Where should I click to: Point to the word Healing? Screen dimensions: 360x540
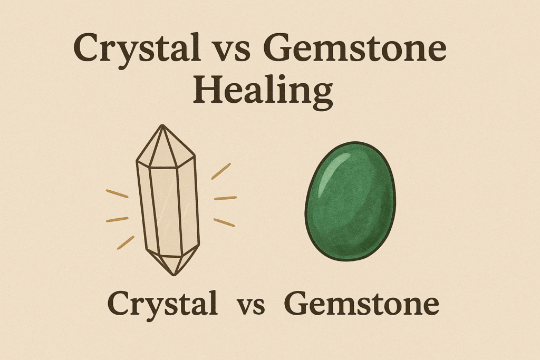262,92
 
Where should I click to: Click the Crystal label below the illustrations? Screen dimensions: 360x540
163,304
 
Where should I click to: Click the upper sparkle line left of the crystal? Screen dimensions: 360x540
117,193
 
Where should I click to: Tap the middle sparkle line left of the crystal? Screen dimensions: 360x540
117,219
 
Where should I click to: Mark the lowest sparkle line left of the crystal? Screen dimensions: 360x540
126,242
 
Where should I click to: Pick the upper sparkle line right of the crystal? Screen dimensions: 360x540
221,171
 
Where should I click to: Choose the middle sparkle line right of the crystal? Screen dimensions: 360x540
225,198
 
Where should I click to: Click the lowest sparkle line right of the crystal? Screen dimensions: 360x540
224,222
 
